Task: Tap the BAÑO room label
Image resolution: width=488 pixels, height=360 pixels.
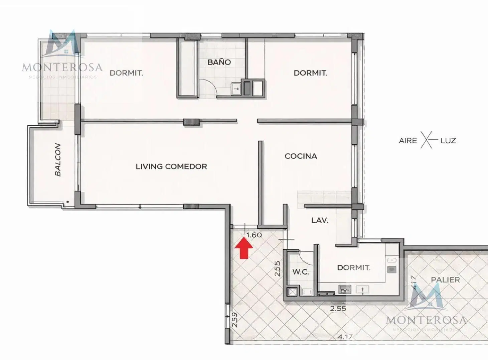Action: tap(219, 63)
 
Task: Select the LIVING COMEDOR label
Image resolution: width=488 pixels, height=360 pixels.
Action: tap(171, 166)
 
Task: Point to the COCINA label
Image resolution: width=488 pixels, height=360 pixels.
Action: tap(301, 156)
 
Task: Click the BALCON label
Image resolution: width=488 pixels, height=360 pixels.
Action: tap(58, 160)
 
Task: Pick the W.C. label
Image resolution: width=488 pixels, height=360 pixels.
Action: tap(301, 272)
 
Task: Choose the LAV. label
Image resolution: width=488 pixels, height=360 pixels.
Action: tap(320, 220)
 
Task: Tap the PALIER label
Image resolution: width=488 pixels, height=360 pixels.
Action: tap(446, 280)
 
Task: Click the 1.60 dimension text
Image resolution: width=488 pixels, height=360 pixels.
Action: tap(254, 235)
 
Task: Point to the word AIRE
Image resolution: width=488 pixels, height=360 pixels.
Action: tap(408, 141)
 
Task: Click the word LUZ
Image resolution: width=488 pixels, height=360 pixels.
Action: tap(448, 141)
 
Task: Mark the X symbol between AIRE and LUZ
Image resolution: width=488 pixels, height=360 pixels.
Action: tap(426, 140)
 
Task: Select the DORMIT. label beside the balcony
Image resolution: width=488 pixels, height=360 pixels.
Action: tap(126, 73)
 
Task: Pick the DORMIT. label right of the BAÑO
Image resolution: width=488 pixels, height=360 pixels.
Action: tap(310, 73)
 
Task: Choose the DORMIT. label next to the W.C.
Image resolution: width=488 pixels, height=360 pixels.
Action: tap(354, 268)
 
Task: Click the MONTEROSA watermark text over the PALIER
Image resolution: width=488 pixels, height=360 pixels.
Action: tap(426, 320)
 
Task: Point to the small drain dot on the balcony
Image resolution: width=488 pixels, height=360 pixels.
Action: tap(67, 202)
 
